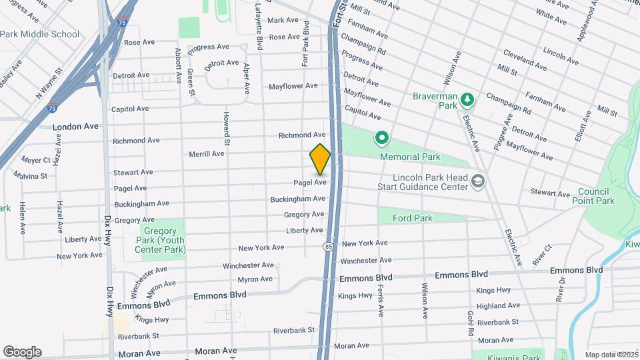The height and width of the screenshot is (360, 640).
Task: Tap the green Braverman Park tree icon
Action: click(468, 100)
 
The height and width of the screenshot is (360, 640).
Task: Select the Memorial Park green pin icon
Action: click(382, 139)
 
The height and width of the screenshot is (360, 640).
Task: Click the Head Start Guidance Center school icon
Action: click(477, 181)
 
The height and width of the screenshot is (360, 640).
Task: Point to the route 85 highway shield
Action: click(328, 247)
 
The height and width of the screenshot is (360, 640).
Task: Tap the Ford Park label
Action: click(412, 218)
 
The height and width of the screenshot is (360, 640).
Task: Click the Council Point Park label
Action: click(596, 196)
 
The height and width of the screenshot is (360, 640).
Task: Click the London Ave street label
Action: click(75, 126)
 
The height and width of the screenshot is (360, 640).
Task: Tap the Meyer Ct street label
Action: click(36, 160)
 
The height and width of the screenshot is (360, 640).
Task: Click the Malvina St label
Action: click(30, 176)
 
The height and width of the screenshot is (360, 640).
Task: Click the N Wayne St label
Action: click(49, 78)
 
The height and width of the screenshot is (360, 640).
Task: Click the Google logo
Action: click(22, 351)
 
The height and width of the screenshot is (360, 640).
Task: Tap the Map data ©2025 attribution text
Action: click(611, 355)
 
